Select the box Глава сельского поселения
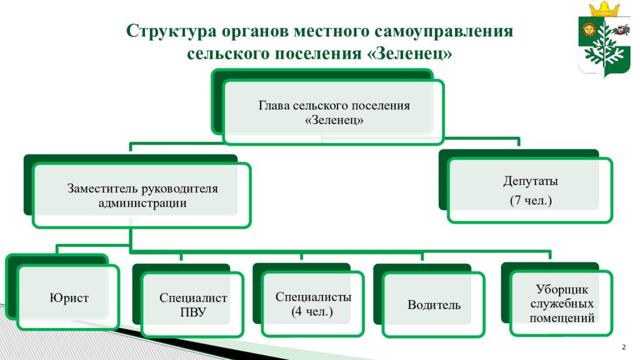pyautogui.click(x=334, y=112)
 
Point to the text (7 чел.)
pyautogui.click(x=531, y=201)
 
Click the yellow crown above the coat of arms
pyautogui.click(x=604, y=9)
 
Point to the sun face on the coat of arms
pyautogui.click(x=589, y=29)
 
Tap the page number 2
pyautogui.click(x=624, y=347)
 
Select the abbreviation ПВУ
pyautogui.click(x=193, y=312)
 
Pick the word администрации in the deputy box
pyautogui.click(x=142, y=203)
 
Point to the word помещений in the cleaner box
pyautogui.click(x=562, y=318)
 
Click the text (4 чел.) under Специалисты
pyautogui.click(x=312, y=312)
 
